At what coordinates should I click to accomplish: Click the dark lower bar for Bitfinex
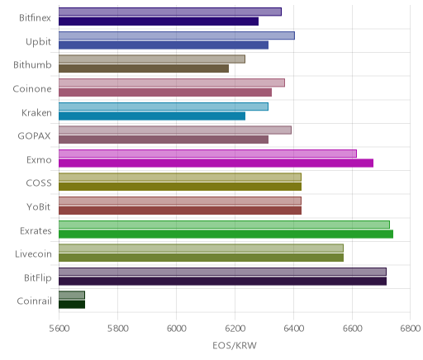159,21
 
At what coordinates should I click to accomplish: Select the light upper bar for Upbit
177,36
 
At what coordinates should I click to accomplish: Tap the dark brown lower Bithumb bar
144,69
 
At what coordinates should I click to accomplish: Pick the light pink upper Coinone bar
172,83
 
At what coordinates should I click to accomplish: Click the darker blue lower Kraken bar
152,116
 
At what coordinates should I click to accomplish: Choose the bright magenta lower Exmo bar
216,163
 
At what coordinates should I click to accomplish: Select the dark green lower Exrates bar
226,234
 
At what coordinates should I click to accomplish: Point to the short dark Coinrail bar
72,305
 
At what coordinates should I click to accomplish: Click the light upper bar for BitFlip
222,272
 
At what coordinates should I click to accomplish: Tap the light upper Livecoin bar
201,248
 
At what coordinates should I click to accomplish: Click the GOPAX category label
35,136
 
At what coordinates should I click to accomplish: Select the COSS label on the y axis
39,183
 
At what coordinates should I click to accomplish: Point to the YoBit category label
39,206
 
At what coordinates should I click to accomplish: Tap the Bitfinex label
35,18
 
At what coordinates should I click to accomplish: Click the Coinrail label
34,301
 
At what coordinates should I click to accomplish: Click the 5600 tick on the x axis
59,329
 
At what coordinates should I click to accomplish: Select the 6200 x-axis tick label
235,329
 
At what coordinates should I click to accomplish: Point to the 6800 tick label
411,329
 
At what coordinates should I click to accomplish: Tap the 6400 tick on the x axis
293,329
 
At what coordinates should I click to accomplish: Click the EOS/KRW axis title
235,345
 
